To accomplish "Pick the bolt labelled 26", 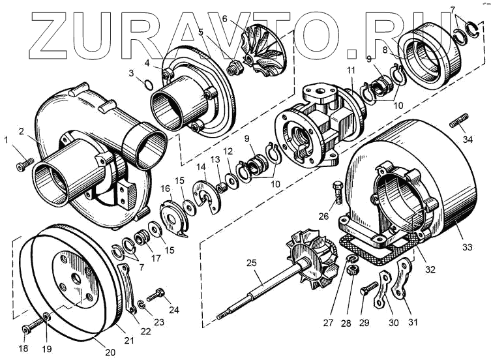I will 336,190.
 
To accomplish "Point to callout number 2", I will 22,131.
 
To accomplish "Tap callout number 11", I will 351,70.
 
